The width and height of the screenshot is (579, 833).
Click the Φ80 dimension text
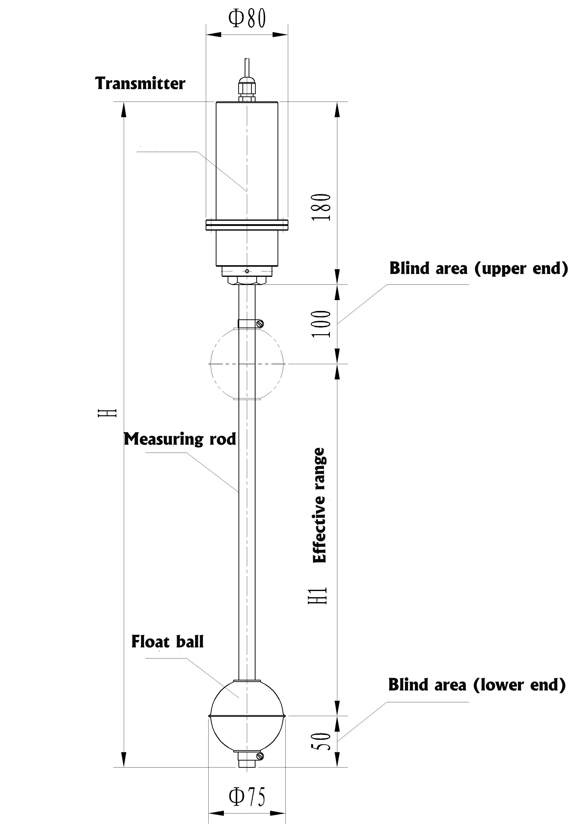pos(247,19)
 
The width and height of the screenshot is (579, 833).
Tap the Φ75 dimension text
pos(247,797)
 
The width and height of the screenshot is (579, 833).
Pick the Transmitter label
pos(140,84)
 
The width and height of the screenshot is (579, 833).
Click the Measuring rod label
pos(180,439)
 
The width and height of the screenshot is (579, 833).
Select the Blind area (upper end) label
pos(478,269)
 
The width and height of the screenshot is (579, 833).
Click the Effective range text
pos(320,505)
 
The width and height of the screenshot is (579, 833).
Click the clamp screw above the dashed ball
pos(259,323)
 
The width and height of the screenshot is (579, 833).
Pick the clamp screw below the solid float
pos(259,756)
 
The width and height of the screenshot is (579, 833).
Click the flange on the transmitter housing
pos(247,225)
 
